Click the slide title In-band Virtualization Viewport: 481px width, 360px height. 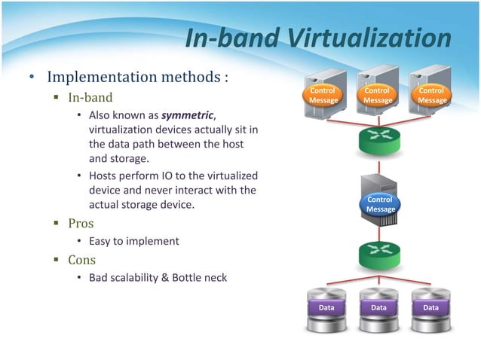(x=317, y=39)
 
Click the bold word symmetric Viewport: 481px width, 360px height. (x=188, y=114)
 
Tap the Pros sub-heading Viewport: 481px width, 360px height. (x=81, y=224)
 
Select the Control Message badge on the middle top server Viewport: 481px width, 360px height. (x=378, y=96)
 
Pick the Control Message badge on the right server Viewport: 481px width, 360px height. (x=432, y=96)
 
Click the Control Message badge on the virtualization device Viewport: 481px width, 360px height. (x=381, y=204)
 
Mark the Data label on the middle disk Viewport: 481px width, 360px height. (x=379, y=308)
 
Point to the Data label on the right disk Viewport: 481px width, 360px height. (x=431, y=308)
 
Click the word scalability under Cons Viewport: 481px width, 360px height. (x=141, y=278)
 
